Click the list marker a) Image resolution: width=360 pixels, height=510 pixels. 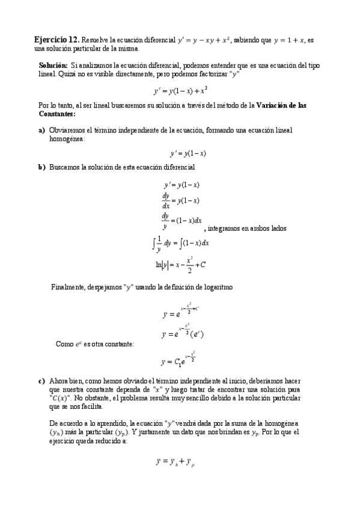(41, 129)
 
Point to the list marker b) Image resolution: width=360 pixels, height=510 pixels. (41, 167)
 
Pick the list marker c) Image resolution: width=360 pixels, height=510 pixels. (41, 381)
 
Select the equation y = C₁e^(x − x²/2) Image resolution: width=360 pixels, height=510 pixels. (179, 360)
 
